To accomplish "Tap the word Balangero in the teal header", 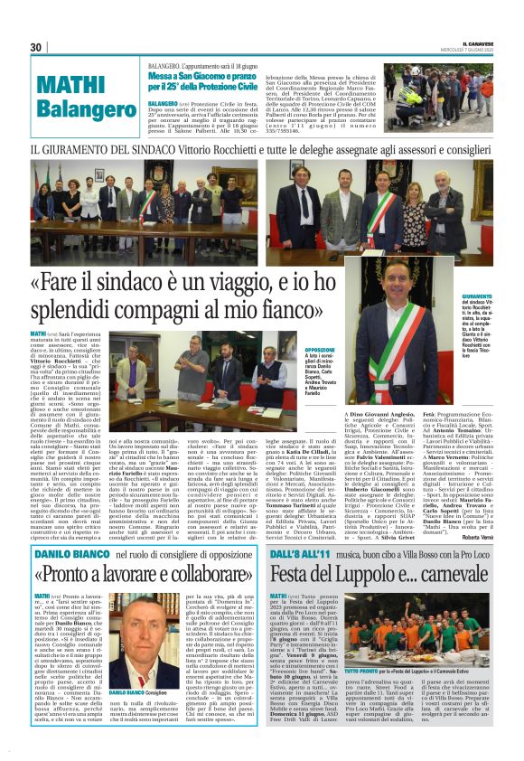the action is (x=80, y=108).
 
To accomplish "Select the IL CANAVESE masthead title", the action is (x=473, y=42).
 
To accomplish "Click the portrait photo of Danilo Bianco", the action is (x=131, y=654).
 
